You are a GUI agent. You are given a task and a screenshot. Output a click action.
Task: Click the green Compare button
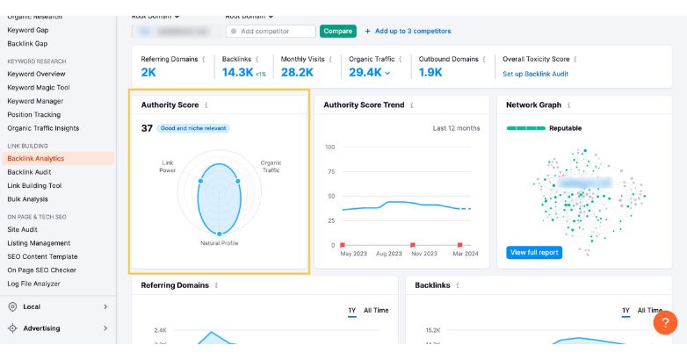click(337, 31)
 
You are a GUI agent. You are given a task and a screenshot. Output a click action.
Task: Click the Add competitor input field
click(271, 31)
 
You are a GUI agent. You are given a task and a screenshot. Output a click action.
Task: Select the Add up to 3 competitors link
click(408, 31)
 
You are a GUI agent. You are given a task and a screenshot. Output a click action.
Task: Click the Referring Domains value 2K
click(148, 72)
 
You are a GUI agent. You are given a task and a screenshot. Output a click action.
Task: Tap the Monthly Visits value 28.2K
click(296, 72)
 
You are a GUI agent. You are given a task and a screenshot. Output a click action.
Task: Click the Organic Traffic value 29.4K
click(365, 72)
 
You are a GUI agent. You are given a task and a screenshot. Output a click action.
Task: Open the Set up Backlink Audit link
click(535, 74)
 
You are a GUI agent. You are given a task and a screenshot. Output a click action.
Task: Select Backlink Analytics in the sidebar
click(36, 159)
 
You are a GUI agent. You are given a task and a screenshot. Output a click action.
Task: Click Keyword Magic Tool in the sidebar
click(39, 88)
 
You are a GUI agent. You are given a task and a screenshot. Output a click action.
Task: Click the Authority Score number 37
click(147, 128)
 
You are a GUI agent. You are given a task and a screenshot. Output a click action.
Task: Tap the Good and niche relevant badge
click(193, 128)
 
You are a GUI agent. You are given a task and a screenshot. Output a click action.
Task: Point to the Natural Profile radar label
click(219, 242)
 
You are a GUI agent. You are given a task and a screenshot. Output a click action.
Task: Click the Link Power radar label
click(168, 166)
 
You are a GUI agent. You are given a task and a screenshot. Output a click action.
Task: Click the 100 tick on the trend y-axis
click(329, 147)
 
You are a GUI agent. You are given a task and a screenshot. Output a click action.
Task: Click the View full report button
click(534, 252)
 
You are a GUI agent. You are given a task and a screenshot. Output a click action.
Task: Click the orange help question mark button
click(665, 323)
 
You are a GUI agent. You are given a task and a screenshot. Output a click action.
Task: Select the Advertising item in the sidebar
click(41, 328)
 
